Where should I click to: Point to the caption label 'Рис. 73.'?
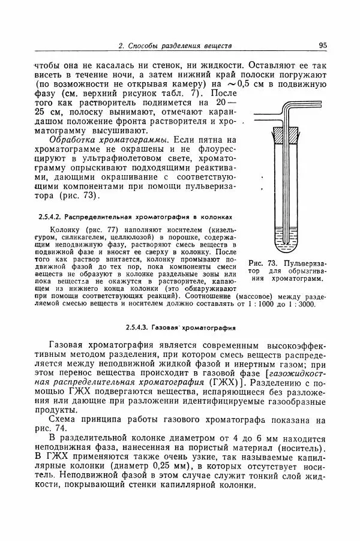tap(262, 263)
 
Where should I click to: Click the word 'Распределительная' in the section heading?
tap(98, 216)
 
